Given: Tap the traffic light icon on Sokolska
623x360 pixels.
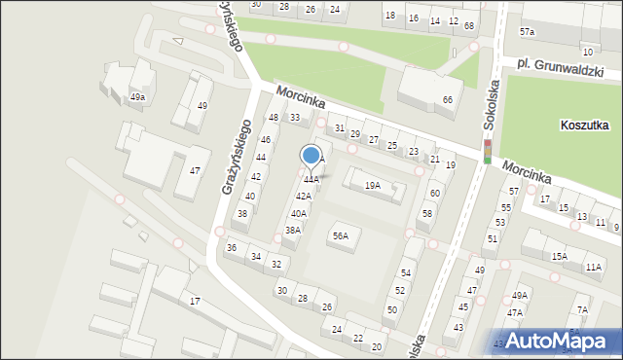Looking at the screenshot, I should coord(487,151).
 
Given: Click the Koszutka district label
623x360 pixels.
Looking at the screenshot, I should coord(585,126).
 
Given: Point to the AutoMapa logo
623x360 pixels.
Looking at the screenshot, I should coord(556,341).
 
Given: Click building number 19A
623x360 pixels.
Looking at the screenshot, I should coord(372,185).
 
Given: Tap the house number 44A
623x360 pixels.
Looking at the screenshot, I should coord(310,180).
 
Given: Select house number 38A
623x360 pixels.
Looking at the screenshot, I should coord(292,231).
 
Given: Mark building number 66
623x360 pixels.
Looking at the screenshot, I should coord(448,100).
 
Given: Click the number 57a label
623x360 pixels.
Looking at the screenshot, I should coord(527,32).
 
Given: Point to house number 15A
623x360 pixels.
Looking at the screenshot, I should coord(559,257).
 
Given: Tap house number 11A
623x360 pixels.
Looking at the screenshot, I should coord(594,267).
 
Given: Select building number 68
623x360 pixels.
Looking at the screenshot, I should coord(469,25).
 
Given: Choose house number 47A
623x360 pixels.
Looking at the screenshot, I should coord(514,312).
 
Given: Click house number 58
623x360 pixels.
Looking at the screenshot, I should coord(426,213).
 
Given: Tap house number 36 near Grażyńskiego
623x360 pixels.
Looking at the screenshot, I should coord(232,248).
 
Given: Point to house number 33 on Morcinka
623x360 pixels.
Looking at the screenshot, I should coord(295,118).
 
